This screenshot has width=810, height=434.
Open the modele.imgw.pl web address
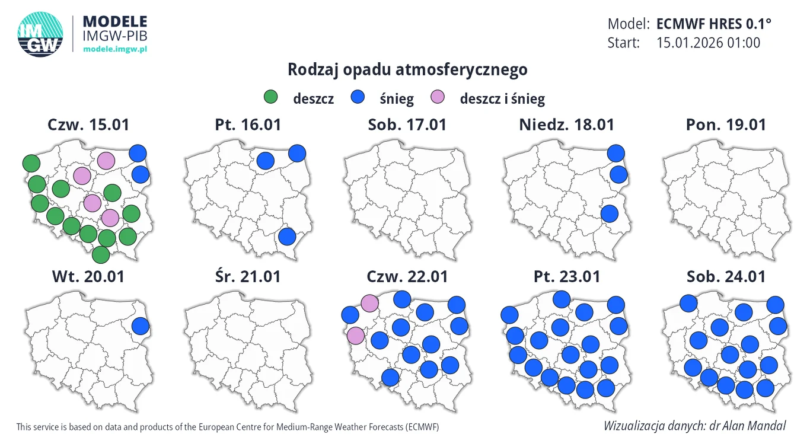114,49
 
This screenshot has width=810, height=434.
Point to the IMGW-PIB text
114,36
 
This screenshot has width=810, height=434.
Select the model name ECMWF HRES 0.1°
714,24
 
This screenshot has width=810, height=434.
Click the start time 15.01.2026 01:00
709,43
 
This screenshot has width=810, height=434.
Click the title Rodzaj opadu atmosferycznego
407,69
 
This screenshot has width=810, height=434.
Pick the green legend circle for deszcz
271,97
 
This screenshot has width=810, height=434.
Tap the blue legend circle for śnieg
358,97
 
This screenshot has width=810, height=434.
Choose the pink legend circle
438,97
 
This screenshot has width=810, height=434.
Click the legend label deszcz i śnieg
502,99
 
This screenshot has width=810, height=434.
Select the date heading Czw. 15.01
88,125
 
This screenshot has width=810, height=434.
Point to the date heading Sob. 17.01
407,125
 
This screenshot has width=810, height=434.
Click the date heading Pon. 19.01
726,125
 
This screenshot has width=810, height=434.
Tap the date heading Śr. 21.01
247,276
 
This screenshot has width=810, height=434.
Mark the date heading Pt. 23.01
566,276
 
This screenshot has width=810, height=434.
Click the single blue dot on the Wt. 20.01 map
140,325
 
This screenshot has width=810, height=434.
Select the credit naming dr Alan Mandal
694,426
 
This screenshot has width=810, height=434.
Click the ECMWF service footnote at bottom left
228,427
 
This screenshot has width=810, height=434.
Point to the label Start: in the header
624,43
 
